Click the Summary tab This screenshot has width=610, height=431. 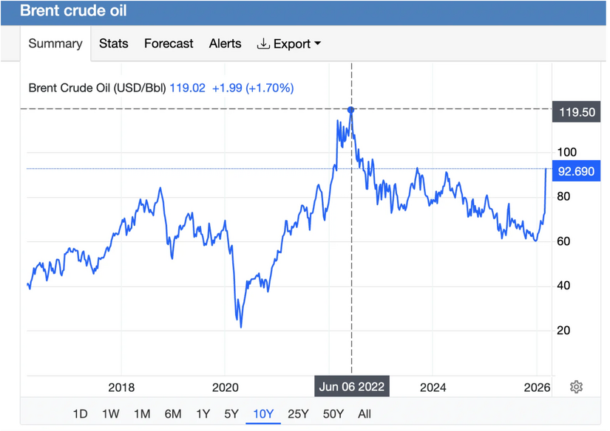pos(55,44)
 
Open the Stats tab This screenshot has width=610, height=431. pos(114,44)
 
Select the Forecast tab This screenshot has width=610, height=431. pos(169,44)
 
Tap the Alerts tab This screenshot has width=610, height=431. pos(225,44)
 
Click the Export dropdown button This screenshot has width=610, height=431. pos(289,44)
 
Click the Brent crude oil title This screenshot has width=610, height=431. pos(73,11)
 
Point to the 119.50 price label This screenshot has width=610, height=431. pos(577,113)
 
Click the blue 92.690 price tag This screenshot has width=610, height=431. pos(577,172)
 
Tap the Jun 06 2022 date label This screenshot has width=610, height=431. pos(351,387)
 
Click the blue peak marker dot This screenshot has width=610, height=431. pos(351,109)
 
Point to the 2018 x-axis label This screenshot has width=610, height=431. pos(121,387)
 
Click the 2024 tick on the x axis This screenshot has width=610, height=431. pos(433,387)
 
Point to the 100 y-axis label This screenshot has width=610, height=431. pos(566,152)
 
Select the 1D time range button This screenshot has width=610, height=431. pos(81,414)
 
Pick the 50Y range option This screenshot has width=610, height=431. pos(333,414)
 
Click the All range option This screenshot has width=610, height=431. pos(365,414)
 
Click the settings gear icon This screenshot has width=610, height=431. pos(577,387)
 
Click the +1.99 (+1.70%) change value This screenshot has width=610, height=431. pos(253,88)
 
